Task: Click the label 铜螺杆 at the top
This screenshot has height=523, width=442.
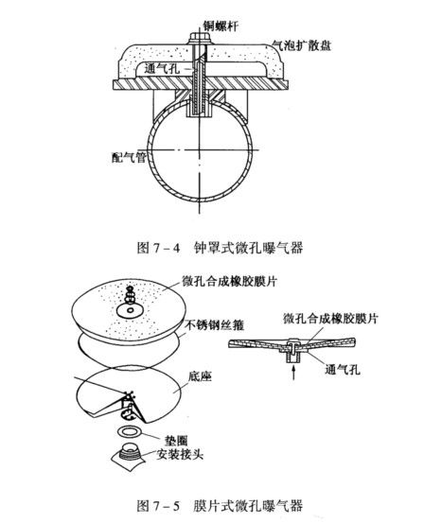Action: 221,26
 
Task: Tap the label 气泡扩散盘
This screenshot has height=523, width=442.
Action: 302,44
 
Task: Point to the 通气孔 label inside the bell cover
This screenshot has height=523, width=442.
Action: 162,69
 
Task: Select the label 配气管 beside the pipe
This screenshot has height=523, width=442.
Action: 129,157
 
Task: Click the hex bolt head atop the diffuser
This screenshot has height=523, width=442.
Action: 200,37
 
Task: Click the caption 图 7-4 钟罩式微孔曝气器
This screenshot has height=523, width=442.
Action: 220,248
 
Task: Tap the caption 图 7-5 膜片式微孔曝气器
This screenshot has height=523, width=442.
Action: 220,506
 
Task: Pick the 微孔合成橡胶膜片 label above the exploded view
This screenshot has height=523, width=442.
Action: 230,281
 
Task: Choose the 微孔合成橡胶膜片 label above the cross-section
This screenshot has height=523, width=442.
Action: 330,318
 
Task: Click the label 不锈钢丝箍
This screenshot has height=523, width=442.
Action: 214,325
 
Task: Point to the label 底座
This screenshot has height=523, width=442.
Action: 200,376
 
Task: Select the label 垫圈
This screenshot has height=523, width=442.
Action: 176,441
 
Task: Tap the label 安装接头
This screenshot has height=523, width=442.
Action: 180,454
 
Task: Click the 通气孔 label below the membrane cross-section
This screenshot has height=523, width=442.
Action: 343,369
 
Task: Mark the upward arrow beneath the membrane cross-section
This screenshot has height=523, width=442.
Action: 293,373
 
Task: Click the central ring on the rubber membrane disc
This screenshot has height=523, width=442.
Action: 131,310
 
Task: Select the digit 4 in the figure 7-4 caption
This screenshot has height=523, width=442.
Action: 176,249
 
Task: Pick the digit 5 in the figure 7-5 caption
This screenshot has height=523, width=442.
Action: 176,506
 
